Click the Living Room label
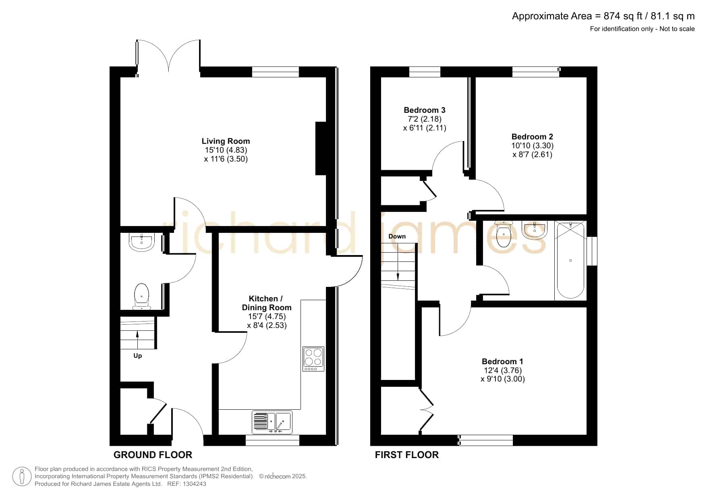point(226,141)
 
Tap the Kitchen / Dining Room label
point(266,303)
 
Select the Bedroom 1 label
point(502,361)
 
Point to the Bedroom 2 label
point(532,137)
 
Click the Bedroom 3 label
point(425,110)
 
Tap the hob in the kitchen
point(313,359)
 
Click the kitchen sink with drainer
point(272,422)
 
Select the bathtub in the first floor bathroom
point(570,260)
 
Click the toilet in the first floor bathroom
point(504,233)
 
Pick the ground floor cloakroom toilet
point(141,297)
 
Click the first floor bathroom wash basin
point(534,230)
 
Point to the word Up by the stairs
point(138,356)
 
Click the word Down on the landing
point(397,237)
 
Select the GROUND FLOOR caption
point(153,455)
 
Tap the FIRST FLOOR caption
point(407,455)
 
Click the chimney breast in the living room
point(321,148)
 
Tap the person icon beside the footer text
point(22,477)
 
